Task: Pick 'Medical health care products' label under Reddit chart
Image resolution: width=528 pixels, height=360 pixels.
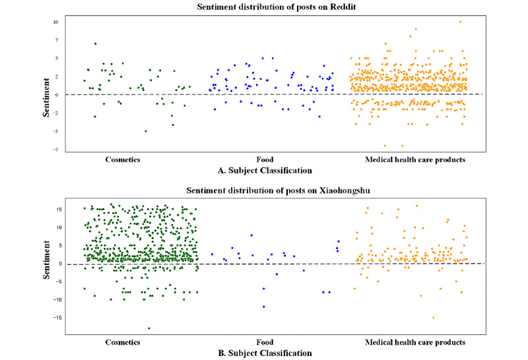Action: click(x=415, y=159)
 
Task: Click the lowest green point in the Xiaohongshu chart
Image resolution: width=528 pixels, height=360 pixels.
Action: click(x=149, y=328)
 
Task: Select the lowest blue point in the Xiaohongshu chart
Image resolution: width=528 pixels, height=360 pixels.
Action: click(x=263, y=306)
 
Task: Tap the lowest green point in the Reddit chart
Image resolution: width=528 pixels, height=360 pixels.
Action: click(x=146, y=131)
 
